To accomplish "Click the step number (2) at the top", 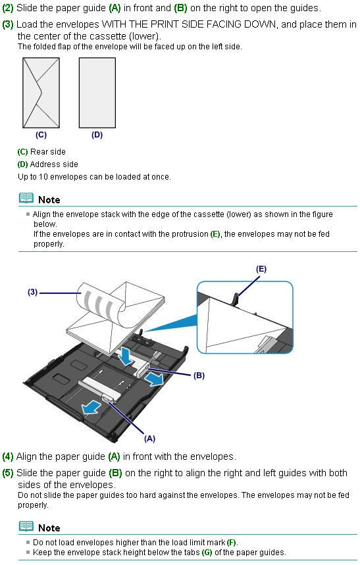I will [8, 8].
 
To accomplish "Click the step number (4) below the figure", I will [8, 456].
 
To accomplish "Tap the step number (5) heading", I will [8, 472].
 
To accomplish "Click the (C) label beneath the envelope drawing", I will [41, 135].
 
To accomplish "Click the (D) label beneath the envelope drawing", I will [97, 135].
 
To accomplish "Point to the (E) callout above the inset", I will [261, 269].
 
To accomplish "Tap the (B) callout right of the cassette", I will [199, 376].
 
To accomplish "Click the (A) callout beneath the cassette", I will [149, 437].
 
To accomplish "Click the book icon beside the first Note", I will [26, 198].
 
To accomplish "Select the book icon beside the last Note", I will [26, 526].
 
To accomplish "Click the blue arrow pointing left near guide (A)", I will [88, 409].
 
